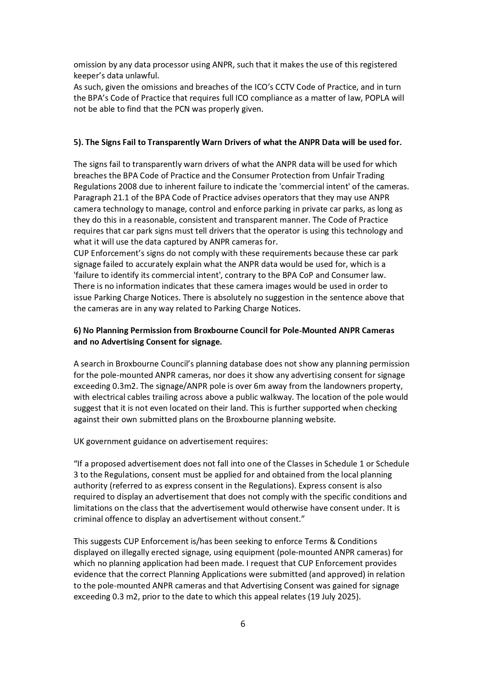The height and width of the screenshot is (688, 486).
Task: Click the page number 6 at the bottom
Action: pyautogui.click(x=243, y=624)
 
